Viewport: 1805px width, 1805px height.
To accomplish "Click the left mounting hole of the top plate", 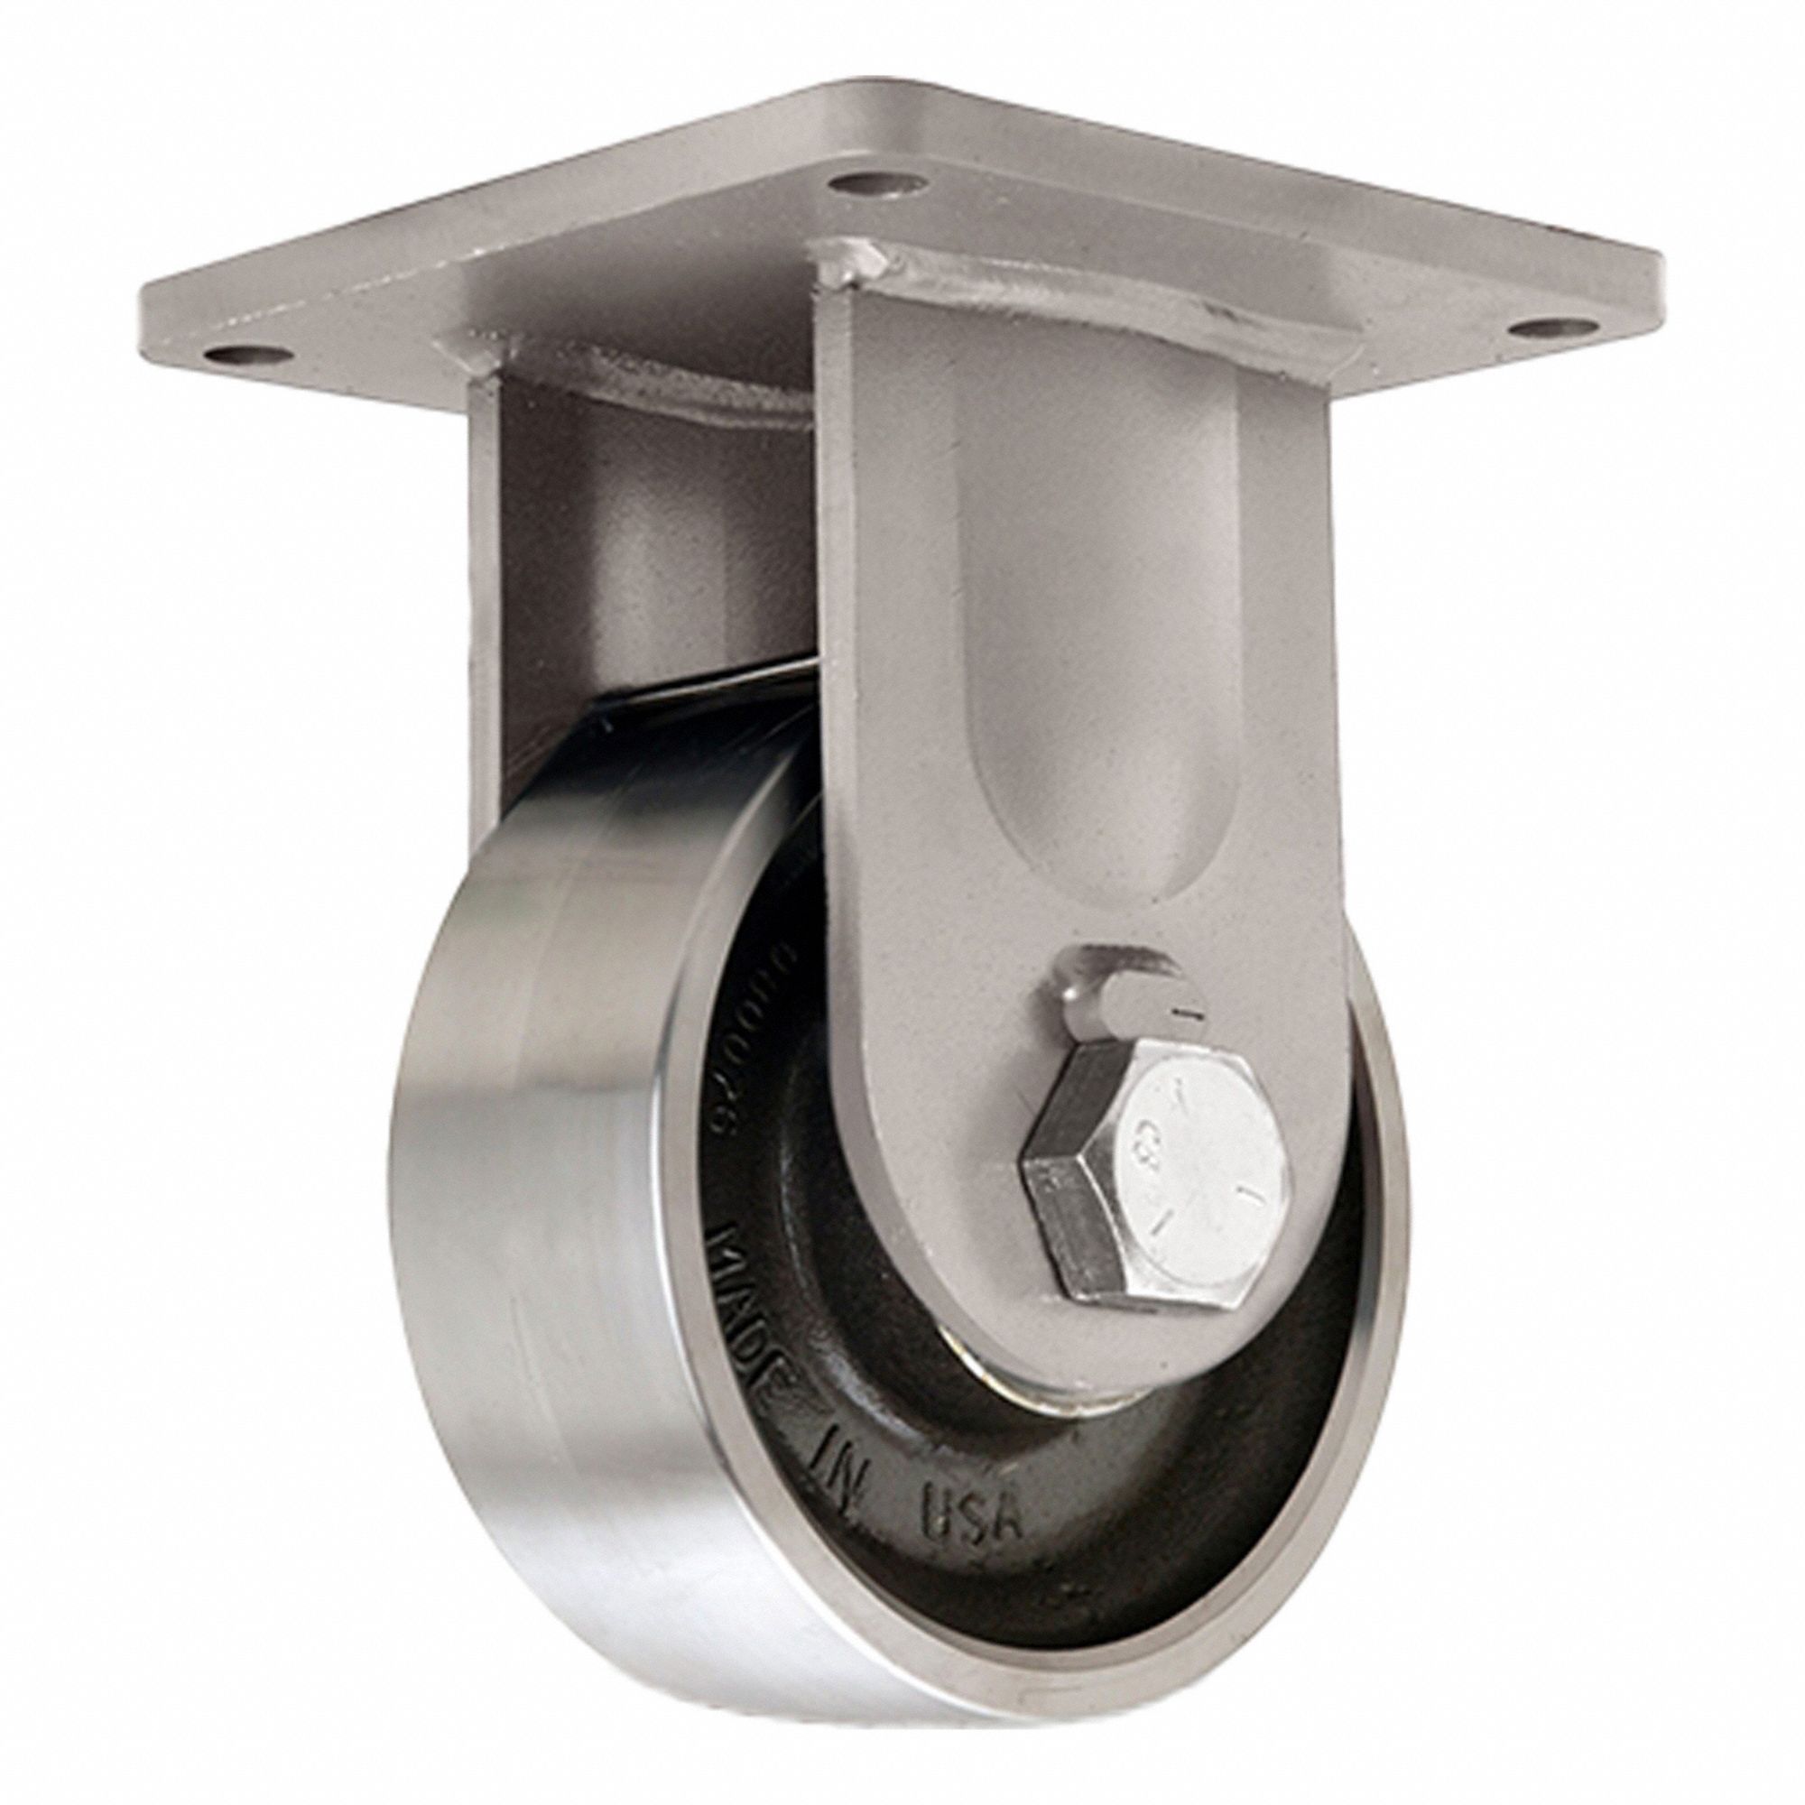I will [235, 356].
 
